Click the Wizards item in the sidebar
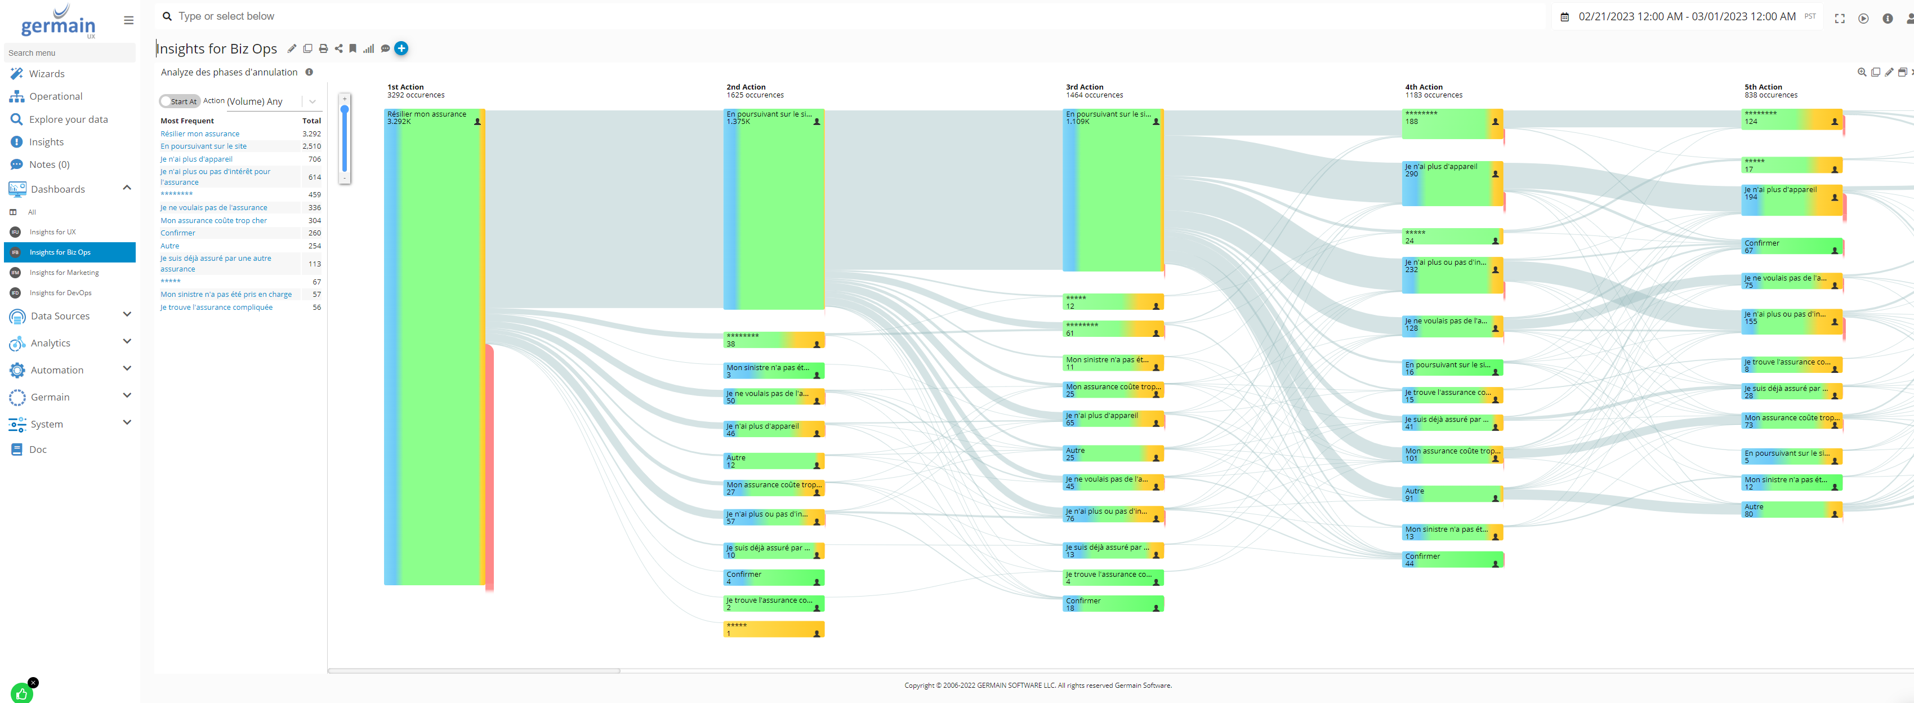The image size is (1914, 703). pyautogui.click(x=46, y=74)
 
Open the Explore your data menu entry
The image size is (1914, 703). pyautogui.click(x=68, y=119)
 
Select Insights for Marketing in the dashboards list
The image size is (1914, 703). pyautogui.click(x=64, y=273)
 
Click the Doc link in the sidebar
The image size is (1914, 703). pyautogui.click(x=37, y=450)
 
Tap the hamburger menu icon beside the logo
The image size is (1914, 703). pyautogui.click(x=128, y=21)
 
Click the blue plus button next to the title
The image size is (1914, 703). pyautogui.click(x=401, y=48)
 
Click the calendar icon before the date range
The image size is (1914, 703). pyautogui.click(x=1564, y=17)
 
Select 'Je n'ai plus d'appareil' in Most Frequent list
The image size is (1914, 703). pyautogui.click(x=196, y=159)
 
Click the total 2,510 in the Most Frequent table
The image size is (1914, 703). pyautogui.click(x=311, y=146)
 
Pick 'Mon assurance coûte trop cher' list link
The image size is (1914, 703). pyautogui.click(x=213, y=221)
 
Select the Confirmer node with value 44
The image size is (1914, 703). pyautogui.click(x=1452, y=559)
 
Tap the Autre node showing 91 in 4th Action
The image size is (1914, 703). pyautogui.click(x=1452, y=494)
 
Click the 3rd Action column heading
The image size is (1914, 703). pyautogui.click(x=1084, y=87)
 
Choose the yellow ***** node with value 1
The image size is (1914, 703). pyautogui.click(x=773, y=629)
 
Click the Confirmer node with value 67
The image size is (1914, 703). pyautogui.click(x=1791, y=247)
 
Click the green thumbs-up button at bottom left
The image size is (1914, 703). pyautogui.click(x=21, y=693)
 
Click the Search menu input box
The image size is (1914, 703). pyautogui.click(x=69, y=53)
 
